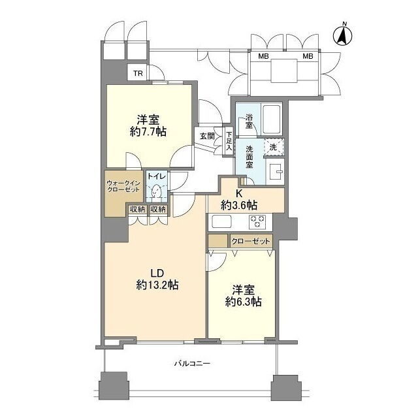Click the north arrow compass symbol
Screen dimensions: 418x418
coord(343,36)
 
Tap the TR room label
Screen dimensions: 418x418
coord(138,73)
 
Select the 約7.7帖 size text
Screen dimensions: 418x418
coord(148,132)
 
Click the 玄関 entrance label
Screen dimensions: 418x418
coord(208,136)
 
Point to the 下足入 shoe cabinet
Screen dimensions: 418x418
coord(229,142)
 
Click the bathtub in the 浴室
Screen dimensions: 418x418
coord(271,119)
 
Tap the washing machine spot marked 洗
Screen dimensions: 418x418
coord(274,147)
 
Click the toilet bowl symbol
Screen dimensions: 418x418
coord(157,191)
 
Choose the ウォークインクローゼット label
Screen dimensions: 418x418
coord(123,186)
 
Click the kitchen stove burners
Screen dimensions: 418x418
coord(257,221)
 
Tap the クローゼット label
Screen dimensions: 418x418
coord(251,242)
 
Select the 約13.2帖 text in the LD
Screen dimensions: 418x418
coord(157,285)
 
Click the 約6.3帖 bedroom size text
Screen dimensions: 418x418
coord(243,302)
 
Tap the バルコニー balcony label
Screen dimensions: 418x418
coord(193,363)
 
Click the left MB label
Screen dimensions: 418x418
coord(263,56)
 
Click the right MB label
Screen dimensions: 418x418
coord(308,56)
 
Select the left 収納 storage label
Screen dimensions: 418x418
coord(137,210)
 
